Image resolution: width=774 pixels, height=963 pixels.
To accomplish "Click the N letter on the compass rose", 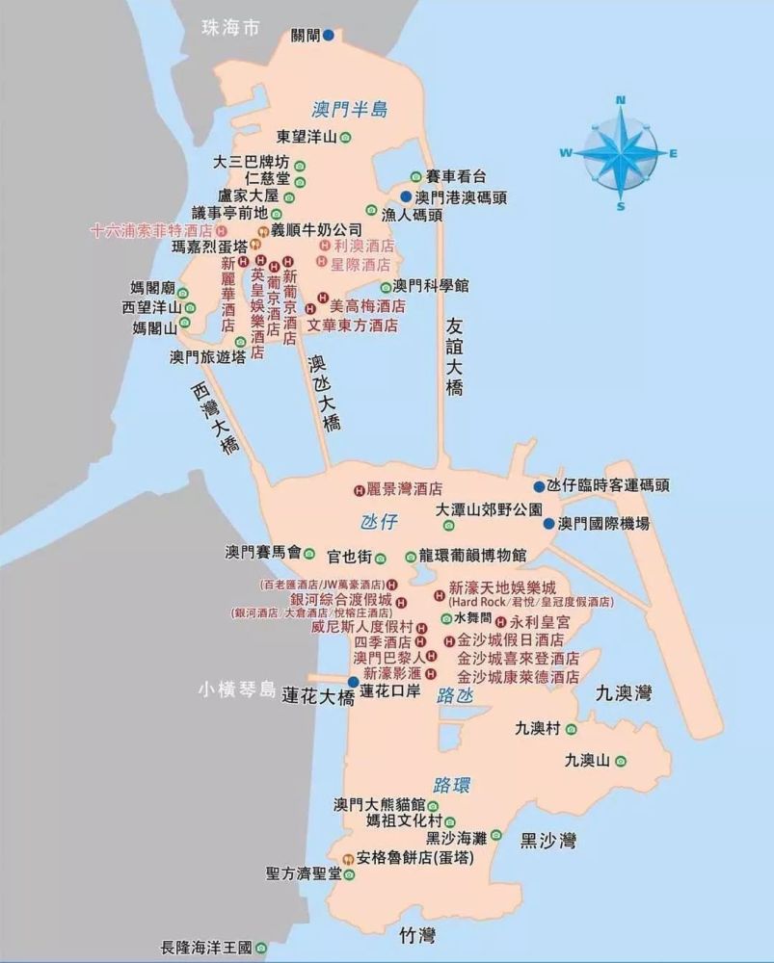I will pos(621,99).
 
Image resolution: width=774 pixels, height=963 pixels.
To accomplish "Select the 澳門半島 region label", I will pos(349,109).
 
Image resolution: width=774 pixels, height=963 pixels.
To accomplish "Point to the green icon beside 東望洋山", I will pos(345,137).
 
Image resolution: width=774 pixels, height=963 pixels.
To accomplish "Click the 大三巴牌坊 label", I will pos(251,161).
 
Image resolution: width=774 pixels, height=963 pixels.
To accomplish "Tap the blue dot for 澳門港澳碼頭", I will pos(406,196).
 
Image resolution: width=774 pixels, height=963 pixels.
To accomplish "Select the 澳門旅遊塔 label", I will pos(201,356).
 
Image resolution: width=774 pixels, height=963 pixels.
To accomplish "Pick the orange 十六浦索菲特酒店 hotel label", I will pos(151,231).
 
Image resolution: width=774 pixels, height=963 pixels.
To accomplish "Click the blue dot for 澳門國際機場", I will pos(548,524).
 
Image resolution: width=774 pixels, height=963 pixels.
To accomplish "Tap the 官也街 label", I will pos(348,556).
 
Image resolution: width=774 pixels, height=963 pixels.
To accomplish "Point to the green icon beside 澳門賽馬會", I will pos(309,553).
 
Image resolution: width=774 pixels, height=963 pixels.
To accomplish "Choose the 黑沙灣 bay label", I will pos(547,841).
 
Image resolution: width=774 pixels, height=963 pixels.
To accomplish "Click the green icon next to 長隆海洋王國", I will pos(260,948).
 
